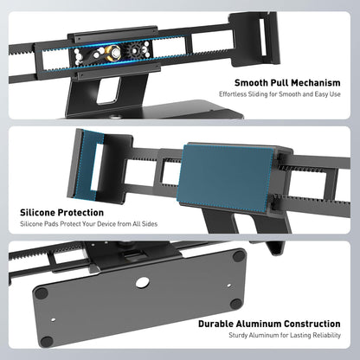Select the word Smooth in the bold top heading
click(x=251, y=83)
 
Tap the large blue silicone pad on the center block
click(x=226, y=177)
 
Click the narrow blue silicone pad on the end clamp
click(x=87, y=164)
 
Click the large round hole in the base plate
click(x=142, y=282)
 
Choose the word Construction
click(x=312, y=324)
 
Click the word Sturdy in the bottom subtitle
click(x=238, y=336)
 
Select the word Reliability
click(x=327, y=336)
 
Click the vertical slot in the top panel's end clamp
click(x=263, y=37)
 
